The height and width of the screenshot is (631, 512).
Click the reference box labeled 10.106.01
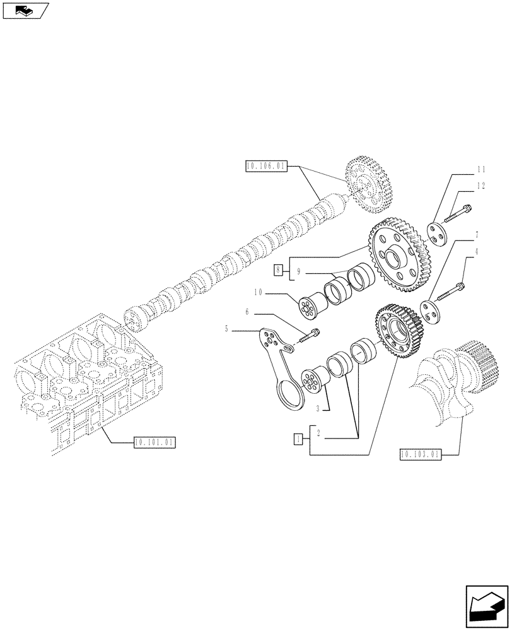point(265,167)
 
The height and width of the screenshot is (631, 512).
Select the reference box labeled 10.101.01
point(154,442)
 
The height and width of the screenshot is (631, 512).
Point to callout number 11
point(481,170)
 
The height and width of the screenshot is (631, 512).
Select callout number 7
point(477,235)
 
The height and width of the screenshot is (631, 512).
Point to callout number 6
point(247,312)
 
